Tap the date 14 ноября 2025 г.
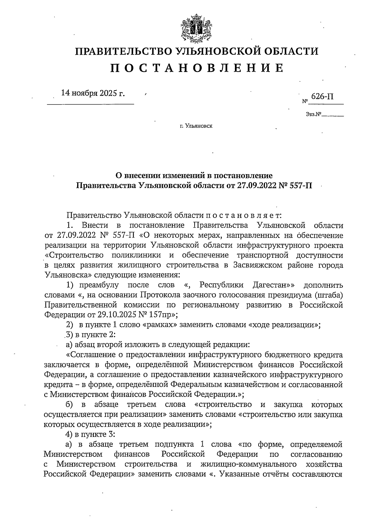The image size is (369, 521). [x=93, y=93]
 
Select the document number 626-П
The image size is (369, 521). [x=322, y=96]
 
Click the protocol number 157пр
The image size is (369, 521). [x=160, y=314]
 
